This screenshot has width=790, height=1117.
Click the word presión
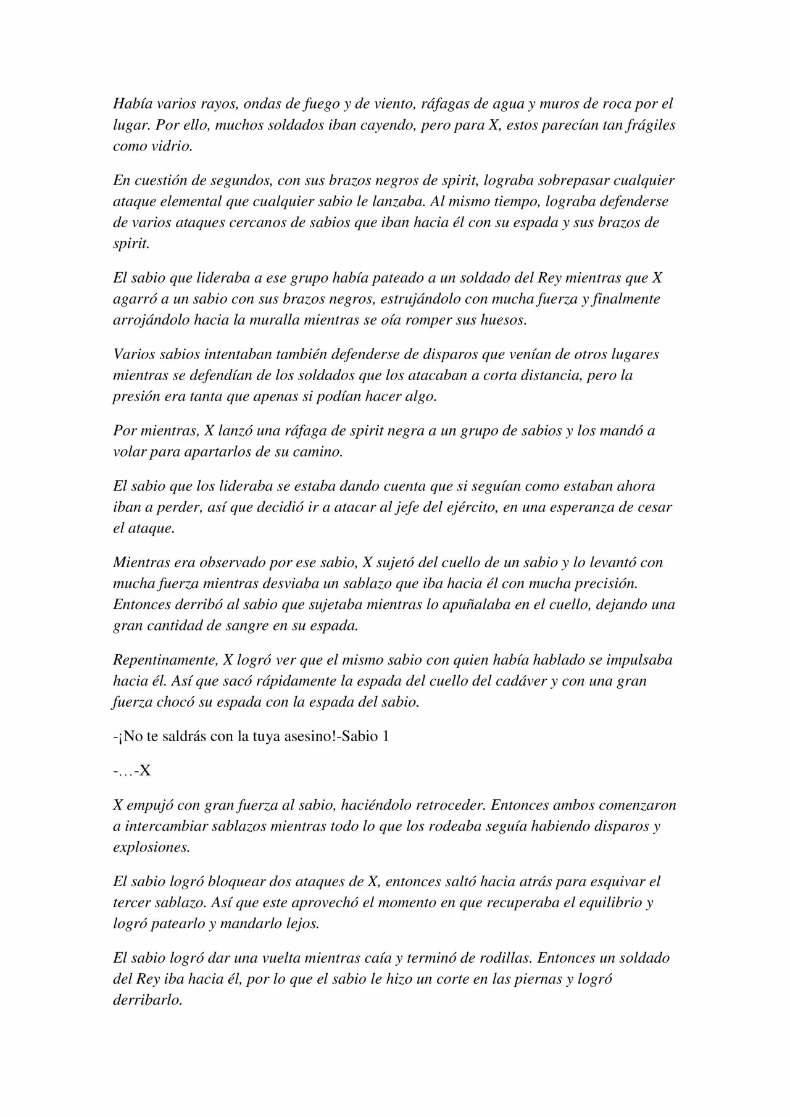tap(135, 397)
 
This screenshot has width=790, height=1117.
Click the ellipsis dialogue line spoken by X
tap(132, 771)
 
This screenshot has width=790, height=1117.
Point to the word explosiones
tap(151, 847)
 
